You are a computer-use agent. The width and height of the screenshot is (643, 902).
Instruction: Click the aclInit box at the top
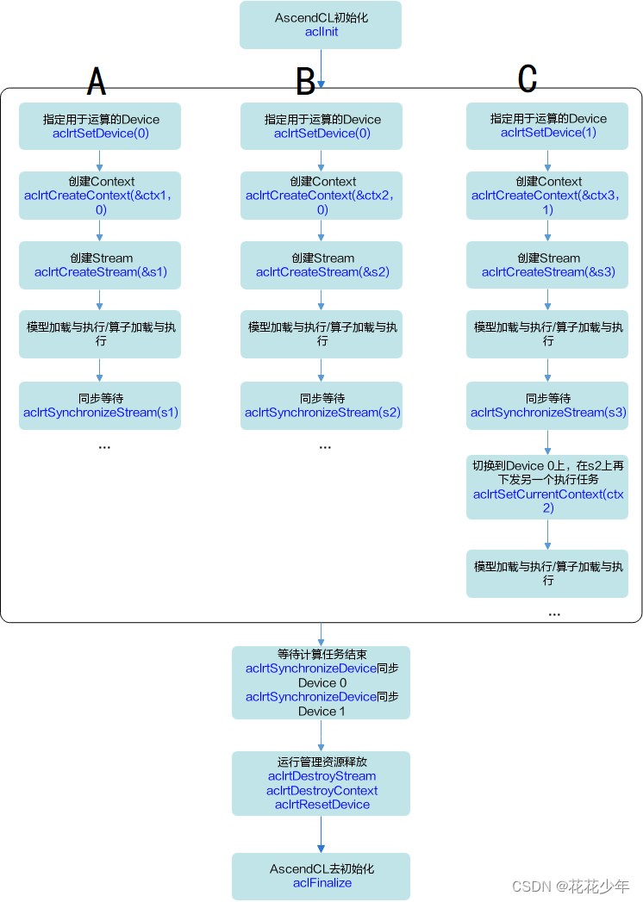(x=321, y=25)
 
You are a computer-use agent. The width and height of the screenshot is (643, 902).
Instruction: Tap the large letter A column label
(x=97, y=81)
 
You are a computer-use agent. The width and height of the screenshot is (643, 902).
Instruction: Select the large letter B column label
(x=305, y=81)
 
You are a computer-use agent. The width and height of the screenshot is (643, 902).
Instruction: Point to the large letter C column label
(x=528, y=78)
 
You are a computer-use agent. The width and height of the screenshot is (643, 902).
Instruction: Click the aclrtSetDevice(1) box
(x=548, y=126)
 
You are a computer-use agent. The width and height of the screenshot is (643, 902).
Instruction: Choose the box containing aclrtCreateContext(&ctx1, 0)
(x=100, y=196)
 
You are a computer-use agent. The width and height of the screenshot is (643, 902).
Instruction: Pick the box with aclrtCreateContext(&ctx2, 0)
(x=321, y=196)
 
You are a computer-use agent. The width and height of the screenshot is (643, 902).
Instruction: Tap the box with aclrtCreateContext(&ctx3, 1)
(x=548, y=196)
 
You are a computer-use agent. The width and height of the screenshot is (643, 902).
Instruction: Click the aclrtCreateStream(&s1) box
(x=100, y=264)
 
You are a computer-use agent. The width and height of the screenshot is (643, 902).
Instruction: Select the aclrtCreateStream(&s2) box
(x=321, y=264)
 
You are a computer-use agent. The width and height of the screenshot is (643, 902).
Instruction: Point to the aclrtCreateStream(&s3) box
(x=548, y=264)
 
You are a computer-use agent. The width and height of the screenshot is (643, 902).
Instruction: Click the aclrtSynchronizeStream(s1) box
(x=100, y=406)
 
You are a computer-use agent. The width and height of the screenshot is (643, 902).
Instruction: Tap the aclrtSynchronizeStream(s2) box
(x=321, y=406)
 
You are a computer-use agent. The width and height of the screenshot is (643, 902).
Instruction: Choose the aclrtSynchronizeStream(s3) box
(x=548, y=406)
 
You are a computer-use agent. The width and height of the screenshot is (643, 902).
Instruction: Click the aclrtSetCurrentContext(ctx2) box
(x=548, y=487)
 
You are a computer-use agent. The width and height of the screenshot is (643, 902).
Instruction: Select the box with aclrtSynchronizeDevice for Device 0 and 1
(x=321, y=682)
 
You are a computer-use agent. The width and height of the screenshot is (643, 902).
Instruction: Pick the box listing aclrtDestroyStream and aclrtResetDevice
(x=321, y=783)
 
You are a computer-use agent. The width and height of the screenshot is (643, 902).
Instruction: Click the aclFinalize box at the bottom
(x=321, y=876)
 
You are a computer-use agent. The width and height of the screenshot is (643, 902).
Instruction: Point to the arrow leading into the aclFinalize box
(x=321, y=834)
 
